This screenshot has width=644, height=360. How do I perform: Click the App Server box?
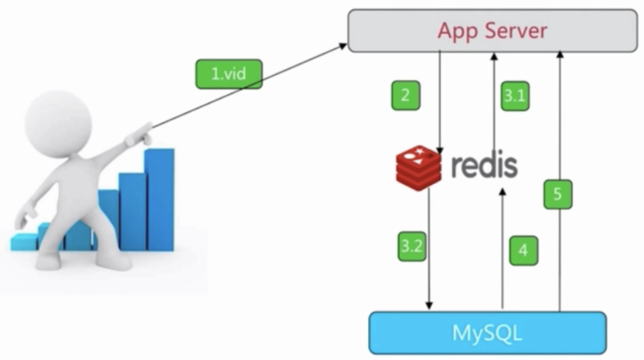click(x=492, y=30)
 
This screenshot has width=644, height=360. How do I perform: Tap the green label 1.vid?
click(x=228, y=74)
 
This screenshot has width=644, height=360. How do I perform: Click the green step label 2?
click(x=405, y=95)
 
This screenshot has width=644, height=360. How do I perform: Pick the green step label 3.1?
click(x=515, y=95)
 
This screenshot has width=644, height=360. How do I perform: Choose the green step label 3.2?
click(x=411, y=246)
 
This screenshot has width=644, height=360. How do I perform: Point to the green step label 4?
click(x=523, y=250)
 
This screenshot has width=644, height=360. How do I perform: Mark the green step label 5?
click(x=558, y=194)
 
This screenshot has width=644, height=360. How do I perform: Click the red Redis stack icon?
click(x=418, y=167)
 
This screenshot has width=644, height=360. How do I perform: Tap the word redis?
click(x=484, y=166)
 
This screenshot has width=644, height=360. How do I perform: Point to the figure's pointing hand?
click(x=140, y=136)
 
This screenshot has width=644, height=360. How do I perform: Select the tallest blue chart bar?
click(x=160, y=200)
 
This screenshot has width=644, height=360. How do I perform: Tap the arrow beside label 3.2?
click(x=429, y=251)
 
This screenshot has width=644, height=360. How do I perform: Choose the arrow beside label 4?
click(x=502, y=251)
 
